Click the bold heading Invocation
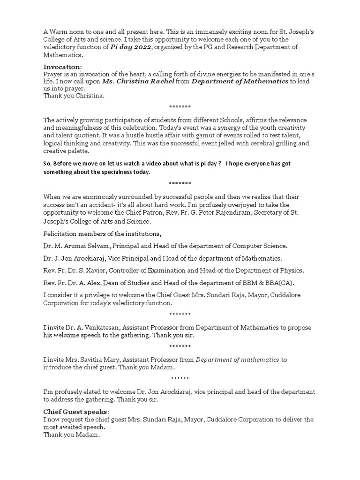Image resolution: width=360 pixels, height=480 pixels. click(x=62, y=67)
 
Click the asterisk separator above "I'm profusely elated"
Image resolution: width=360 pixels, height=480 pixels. click(x=180, y=378)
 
